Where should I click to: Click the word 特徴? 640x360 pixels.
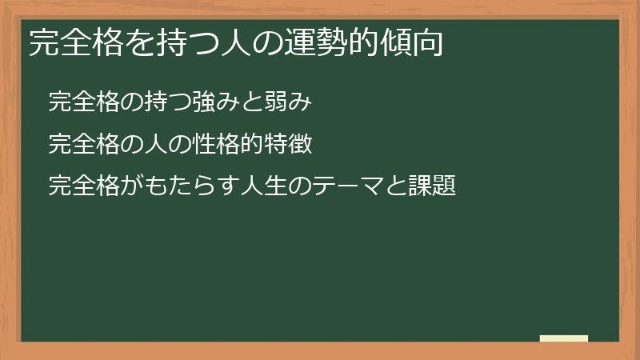[278, 145]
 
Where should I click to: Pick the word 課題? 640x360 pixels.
[432, 187]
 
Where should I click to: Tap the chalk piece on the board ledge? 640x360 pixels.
[564, 338]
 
